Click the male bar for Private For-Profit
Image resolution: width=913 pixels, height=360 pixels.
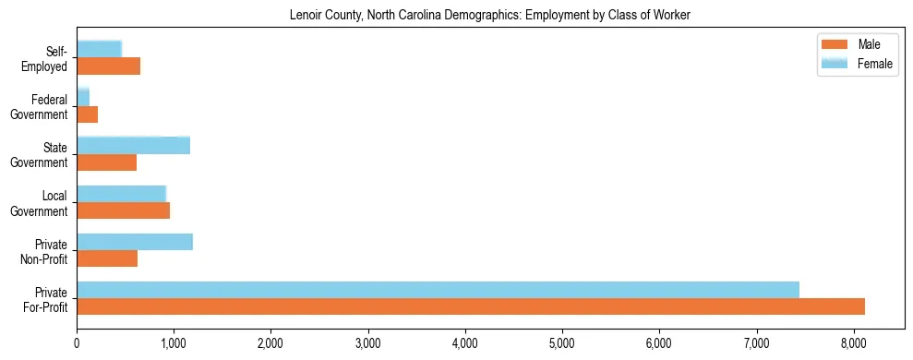coord(471,306)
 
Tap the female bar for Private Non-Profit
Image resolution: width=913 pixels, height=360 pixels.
coord(135,242)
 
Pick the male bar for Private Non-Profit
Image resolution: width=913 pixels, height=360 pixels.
coord(107,258)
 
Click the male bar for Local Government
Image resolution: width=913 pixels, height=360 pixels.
coord(123,210)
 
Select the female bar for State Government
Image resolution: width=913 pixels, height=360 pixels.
coord(133,145)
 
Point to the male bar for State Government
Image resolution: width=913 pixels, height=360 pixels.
coord(106,162)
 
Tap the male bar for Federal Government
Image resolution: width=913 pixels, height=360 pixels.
coord(87,114)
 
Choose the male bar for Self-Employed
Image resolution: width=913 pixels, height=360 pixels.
coord(108,66)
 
